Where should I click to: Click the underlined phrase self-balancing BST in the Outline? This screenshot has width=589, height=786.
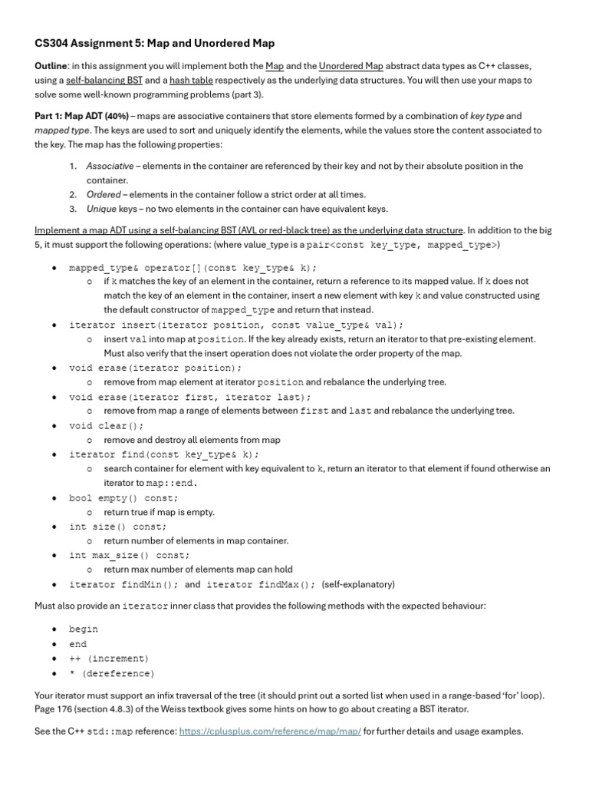pyautogui.click(x=95, y=80)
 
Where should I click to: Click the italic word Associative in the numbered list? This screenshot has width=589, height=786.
pyautogui.click(x=109, y=166)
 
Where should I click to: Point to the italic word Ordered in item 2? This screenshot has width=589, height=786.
pyautogui.click(x=103, y=194)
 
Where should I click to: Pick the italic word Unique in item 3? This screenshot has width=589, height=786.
pyautogui.click(x=100, y=209)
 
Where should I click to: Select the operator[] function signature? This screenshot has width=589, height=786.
pyautogui.click(x=192, y=267)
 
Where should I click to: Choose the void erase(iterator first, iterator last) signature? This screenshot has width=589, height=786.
pyautogui.click(x=189, y=397)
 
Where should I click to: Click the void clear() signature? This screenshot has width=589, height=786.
pyautogui.click(x=106, y=425)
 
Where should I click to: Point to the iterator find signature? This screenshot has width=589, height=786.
pyautogui.click(x=163, y=454)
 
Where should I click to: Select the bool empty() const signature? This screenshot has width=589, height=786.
pyautogui.click(x=123, y=498)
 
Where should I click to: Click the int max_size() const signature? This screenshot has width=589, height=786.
pyautogui.click(x=129, y=555)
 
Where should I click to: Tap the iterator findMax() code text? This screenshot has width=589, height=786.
pyautogui.click(x=261, y=584)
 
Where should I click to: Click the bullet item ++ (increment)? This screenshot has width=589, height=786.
pyautogui.click(x=109, y=659)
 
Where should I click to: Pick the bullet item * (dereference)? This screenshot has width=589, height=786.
pyautogui.click(x=111, y=673)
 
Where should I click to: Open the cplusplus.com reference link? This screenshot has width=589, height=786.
pyautogui.click(x=270, y=732)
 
